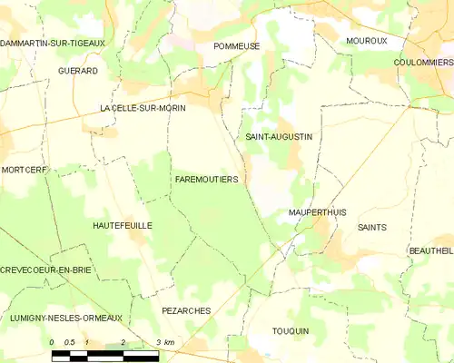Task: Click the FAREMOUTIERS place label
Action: (x=206, y=180)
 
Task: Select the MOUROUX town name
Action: (x=366, y=41)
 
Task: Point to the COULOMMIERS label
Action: (x=424, y=62)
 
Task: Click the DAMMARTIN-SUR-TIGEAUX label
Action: (x=53, y=43)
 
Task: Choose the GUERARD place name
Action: (x=77, y=70)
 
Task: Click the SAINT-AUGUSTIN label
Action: (x=279, y=137)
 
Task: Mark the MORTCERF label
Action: (x=24, y=170)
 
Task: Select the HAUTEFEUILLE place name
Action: (x=123, y=224)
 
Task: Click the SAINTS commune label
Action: (x=372, y=227)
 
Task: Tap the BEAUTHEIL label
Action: (x=431, y=250)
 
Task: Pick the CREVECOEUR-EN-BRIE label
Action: (x=46, y=270)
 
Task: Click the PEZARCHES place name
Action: (x=186, y=310)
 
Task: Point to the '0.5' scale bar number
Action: (x=69, y=341)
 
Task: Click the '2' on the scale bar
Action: (x=123, y=341)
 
